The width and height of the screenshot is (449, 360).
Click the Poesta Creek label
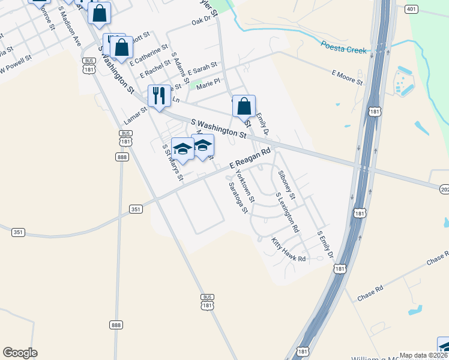pyautogui.click(x=343, y=47)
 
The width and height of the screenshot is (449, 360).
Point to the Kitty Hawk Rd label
pyautogui.click(x=289, y=250)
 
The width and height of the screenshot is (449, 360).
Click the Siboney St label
pyautogui.click(x=287, y=185)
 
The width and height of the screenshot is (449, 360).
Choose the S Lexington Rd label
pyautogui.click(x=287, y=212)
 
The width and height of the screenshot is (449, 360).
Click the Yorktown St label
pyautogui.click(x=246, y=185)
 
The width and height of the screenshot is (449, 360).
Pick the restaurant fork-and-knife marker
pyautogui.click(x=159, y=96)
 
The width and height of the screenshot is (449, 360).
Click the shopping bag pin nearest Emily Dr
pyautogui.click(x=244, y=106)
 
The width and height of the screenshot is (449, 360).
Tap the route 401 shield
pyautogui.click(x=411, y=9)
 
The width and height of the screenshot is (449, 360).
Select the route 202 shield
pyautogui.click(x=444, y=190)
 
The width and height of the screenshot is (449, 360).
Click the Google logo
pyautogui.click(x=20, y=353)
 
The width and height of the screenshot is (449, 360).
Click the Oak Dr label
pyautogui.click(x=203, y=20)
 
